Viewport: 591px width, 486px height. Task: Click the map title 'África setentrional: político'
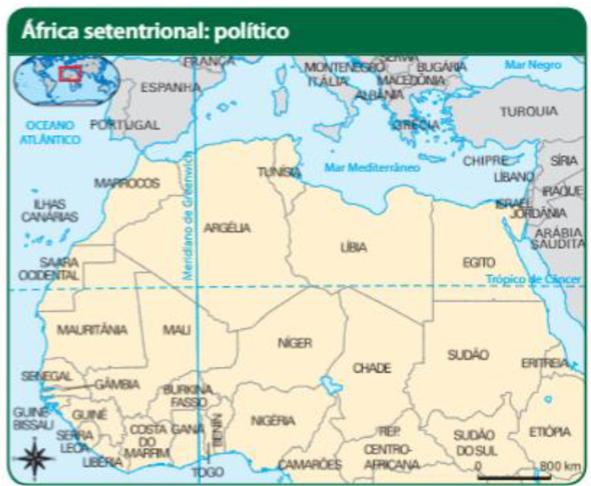click(x=155, y=31)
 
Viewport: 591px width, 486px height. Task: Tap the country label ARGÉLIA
click(x=227, y=228)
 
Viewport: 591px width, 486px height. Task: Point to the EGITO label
click(x=479, y=263)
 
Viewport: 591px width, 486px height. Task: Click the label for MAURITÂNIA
click(x=92, y=329)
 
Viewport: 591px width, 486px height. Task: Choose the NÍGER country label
click(x=295, y=343)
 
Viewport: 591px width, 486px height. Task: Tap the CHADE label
click(x=371, y=368)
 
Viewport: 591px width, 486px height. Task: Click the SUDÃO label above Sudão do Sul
click(x=468, y=354)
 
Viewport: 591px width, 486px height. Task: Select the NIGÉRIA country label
click(x=273, y=420)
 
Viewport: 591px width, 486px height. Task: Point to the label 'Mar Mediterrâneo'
click(x=372, y=167)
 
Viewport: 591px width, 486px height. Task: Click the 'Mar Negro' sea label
click(x=532, y=65)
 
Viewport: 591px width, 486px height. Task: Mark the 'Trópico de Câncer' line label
click(x=534, y=279)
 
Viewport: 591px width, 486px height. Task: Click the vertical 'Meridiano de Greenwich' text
click(x=189, y=215)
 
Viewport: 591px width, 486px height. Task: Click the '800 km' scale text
click(x=559, y=465)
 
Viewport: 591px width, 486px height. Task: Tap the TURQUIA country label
click(x=529, y=111)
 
